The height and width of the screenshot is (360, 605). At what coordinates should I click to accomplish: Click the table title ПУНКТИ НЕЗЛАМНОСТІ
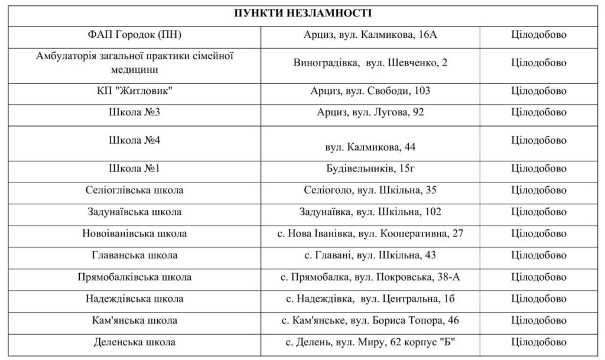pyautogui.click(x=302, y=13)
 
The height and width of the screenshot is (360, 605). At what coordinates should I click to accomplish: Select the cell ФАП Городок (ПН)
pyautogui.click(x=134, y=35)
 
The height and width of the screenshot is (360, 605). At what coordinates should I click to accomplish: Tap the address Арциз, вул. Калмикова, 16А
pyautogui.click(x=370, y=35)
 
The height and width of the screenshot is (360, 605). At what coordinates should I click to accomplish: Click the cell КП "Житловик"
pyautogui.click(x=134, y=91)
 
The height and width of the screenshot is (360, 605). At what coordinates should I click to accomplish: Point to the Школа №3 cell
pyautogui.click(x=134, y=112)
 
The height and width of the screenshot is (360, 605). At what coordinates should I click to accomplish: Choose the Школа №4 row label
pyautogui.click(x=134, y=141)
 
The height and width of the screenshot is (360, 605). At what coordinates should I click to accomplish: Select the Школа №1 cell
pyautogui.click(x=134, y=169)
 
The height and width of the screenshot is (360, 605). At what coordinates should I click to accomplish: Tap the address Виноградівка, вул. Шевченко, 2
pyautogui.click(x=370, y=63)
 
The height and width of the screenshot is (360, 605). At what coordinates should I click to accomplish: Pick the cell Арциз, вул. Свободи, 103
pyautogui.click(x=370, y=91)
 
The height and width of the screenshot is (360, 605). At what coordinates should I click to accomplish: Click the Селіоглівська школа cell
pyautogui.click(x=134, y=190)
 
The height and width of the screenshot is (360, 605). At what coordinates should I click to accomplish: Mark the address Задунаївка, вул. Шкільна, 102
pyautogui.click(x=370, y=212)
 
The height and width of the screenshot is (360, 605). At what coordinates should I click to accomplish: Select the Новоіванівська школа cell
pyautogui.click(x=134, y=233)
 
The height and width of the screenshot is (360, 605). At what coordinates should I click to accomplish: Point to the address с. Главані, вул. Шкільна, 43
pyautogui.click(x=370, y=255)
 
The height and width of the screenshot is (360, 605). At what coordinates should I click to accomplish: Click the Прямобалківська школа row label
pyautogui.click(x=134, y=277)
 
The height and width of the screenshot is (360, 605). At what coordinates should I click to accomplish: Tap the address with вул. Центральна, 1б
pyautogui.click(x=370, y=299)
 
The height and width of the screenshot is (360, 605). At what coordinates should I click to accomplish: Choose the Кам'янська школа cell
pyautogui.click(x=134, y=320)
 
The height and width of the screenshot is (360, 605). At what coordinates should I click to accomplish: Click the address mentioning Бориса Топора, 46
pyautogui.click(x=370, y=320)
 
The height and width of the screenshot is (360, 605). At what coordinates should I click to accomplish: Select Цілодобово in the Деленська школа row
pyautogui.click(x=538, y=342)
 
